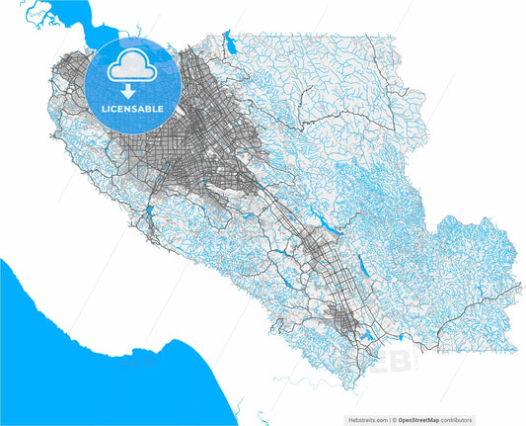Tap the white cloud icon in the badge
(130, 67)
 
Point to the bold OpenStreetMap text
(419, 420)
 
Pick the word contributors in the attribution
(458, 420)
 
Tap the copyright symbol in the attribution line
(396, 420)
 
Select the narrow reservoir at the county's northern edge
(230, 43)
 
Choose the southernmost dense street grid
(340, 318)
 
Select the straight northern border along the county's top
(296, 34)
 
